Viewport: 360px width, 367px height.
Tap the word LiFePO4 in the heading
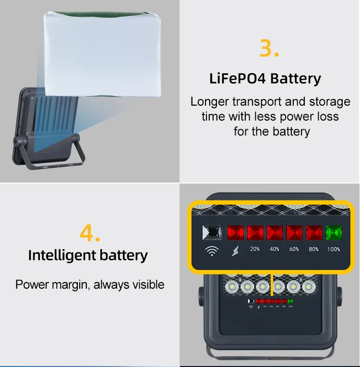[x=238, y=78]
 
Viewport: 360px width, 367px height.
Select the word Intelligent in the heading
[x=62, y=256]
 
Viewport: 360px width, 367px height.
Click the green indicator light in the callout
[x=334, y=232]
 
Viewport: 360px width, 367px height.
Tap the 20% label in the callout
[x=255, y=249]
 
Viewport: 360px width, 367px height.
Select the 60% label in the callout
[x=294, y=249]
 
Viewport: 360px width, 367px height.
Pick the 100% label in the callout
[x=334, y=249]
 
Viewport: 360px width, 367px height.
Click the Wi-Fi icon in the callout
[x=212, y=251]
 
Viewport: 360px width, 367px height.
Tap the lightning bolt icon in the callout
[x=235, y=251]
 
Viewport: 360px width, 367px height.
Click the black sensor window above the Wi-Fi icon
[x=212, y=232]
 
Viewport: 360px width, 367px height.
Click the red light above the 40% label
[x=275, y=232]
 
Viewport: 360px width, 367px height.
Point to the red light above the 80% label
[x=314, y=232]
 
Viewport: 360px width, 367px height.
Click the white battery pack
[x=102, y=54]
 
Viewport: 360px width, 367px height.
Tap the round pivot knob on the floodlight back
[x=16, y=142]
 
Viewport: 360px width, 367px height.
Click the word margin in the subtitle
[x=71, y=285]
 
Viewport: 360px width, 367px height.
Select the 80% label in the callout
[x=313, y=249]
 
